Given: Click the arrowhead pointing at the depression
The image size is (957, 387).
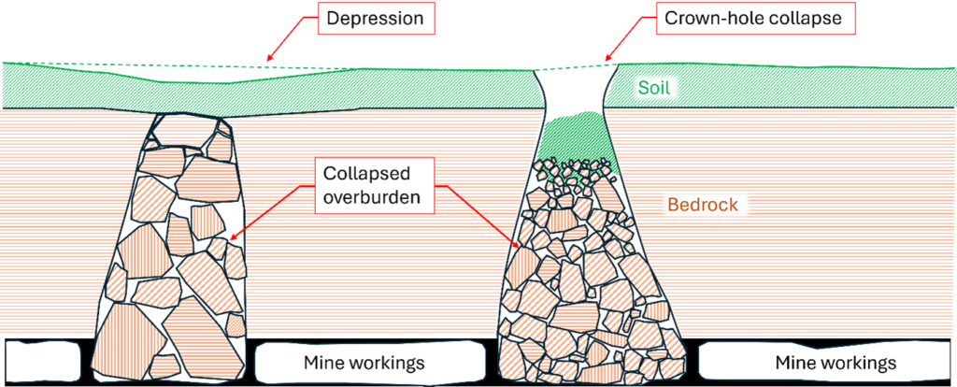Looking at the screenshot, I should click(x=270, y=63).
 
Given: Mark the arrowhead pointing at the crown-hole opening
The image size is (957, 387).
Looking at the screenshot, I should click(x=610, y=60).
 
